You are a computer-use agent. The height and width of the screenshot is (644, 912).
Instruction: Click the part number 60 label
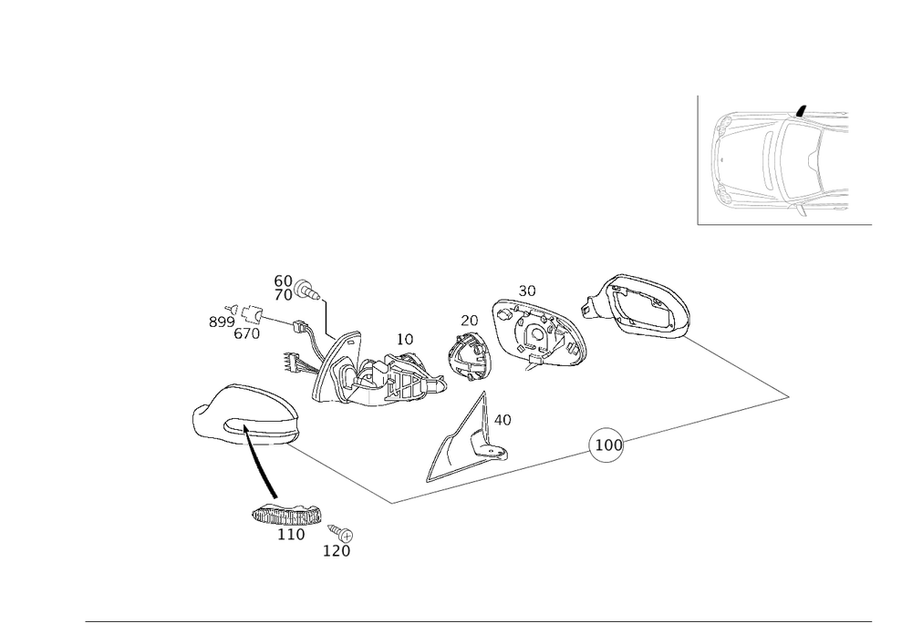(x=282, y=281)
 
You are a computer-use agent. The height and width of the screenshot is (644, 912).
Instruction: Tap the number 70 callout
(x=282, y=296)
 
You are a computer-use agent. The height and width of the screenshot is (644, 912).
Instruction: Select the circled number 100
(x=606, y=445)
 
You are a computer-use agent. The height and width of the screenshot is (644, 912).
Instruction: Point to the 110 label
(x=291, y=535)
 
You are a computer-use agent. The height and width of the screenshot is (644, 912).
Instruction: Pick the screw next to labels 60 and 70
(x=311, y=291)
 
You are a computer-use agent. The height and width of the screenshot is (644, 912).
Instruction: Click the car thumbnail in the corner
(x=784, y=160)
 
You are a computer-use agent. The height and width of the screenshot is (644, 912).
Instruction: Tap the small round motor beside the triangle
(x=469, y=355)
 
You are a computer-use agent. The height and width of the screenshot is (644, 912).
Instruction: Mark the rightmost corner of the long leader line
(x=790, y=396)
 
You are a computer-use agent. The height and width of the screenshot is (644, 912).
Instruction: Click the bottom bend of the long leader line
(x=393, y=502)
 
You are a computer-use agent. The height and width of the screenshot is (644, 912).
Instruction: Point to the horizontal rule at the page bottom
(x=479, y=621)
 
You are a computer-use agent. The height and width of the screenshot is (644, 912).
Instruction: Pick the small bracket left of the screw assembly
(x=239, y=322)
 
